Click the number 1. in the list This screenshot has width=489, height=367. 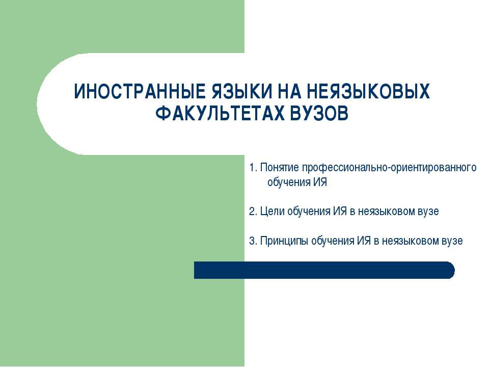253,168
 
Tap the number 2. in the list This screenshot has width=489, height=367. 253,211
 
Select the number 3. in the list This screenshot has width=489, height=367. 253,241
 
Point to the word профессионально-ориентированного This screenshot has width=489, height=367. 390,168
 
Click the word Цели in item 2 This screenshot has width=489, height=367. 269,211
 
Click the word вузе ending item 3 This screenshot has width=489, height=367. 453,241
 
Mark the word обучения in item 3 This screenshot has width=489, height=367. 332,241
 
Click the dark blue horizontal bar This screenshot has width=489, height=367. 321,270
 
